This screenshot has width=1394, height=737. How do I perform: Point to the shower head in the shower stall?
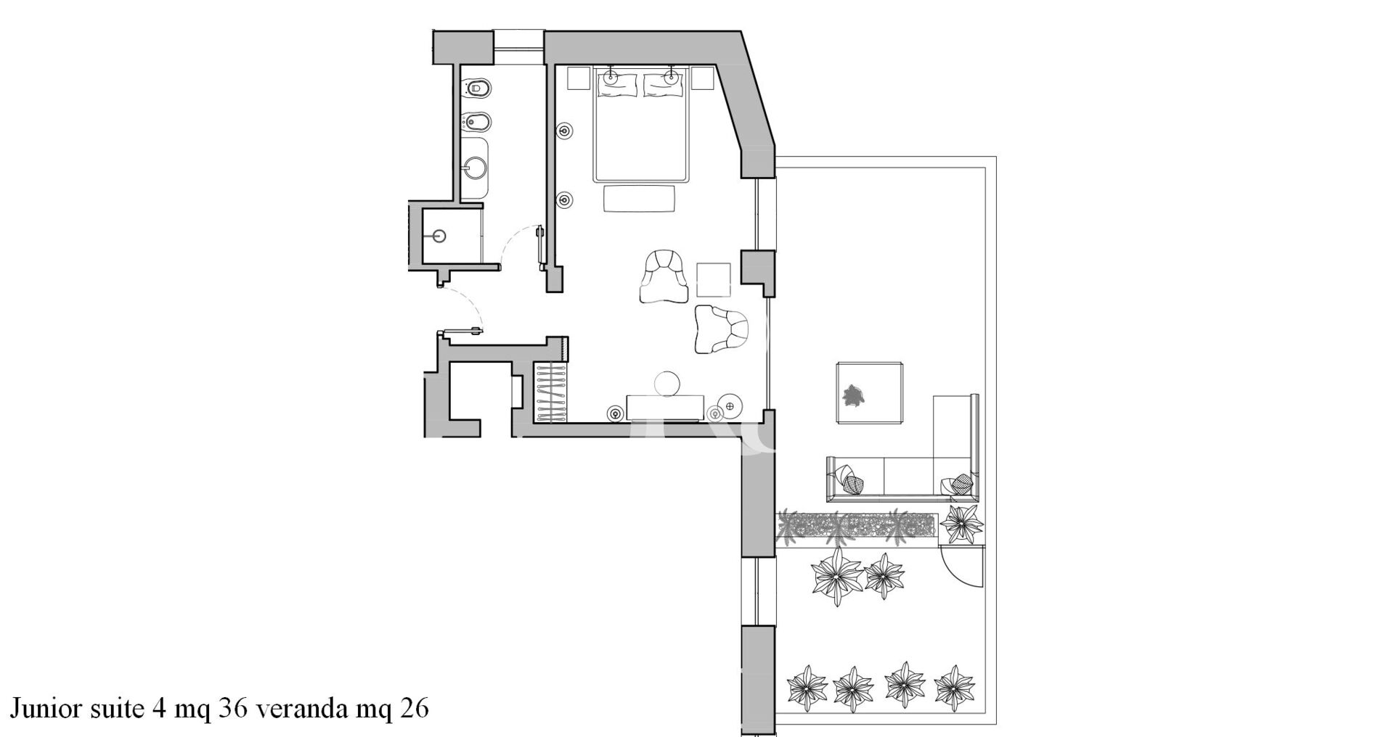(439, 235)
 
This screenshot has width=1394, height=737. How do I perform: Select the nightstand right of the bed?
(703, 78)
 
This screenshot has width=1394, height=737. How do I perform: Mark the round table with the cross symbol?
(730, 405)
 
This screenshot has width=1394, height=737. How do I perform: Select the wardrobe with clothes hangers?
(552, 392)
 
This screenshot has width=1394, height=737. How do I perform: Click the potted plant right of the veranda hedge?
(962, 522)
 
